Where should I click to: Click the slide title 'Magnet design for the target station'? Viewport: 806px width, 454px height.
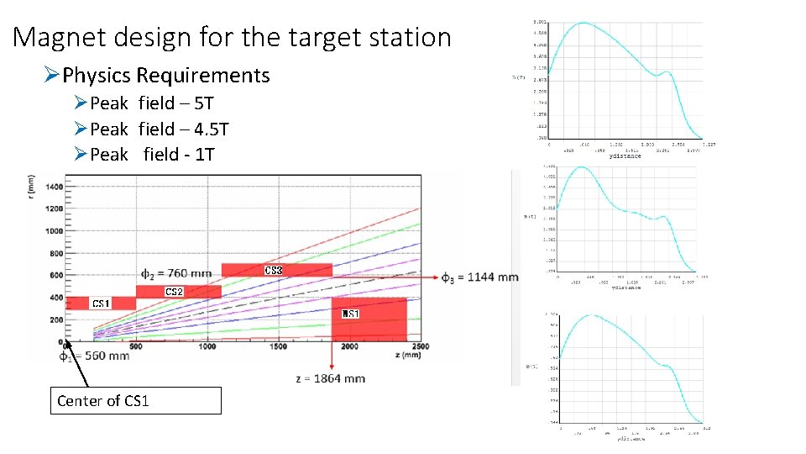[233, 37]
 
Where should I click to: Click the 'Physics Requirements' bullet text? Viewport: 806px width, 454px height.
[165, 76]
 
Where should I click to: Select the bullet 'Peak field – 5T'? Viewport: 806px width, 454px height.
[151, 103]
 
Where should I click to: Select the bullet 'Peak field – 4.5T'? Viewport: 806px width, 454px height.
[159, 129]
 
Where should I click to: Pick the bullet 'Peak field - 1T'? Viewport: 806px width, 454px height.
[152, 155]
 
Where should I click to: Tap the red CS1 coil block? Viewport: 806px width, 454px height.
[100, 303]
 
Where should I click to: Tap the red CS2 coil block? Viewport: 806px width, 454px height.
[177, 291]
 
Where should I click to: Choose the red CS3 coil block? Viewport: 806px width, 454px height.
[276, 270]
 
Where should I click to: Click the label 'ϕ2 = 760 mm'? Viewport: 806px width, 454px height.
[176, 272]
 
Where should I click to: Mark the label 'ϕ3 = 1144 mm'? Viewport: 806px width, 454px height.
[479, 277]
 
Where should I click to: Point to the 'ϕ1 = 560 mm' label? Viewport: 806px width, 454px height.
[94, 356]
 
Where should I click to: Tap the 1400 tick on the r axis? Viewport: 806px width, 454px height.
[52, 186]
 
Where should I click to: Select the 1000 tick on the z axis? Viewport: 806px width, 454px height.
[206, 346]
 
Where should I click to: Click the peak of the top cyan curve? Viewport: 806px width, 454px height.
[582, 23]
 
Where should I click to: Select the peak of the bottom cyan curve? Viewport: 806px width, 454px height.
[590, 315]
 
